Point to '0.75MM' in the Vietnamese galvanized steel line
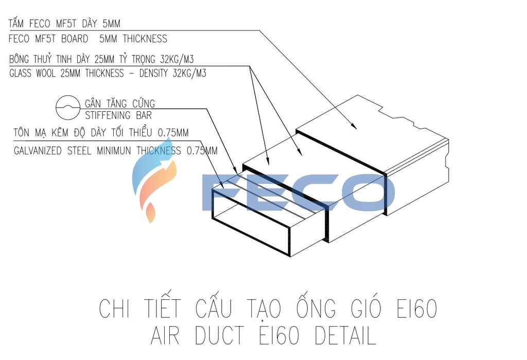[173, 133]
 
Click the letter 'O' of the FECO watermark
[363, 193]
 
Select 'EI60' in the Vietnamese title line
[416, 309]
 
